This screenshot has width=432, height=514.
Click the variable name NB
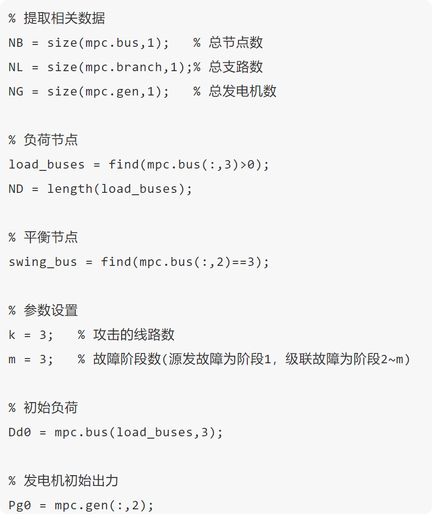pyautogui.click(x=16, y=43)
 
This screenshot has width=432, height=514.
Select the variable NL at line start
pyautogui.click(x=16, y=67)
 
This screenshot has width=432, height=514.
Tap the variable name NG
pyautogui.click(x=16, y=92)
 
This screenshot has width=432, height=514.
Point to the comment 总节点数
pyautogui.click(x=236, y=43)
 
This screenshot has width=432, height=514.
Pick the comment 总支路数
pyautogui.click(x=236, y=67)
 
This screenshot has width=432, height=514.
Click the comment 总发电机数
pyautogui.click(x=243, y=92)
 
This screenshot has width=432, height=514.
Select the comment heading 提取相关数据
pyautogui.click(x=64, y=19)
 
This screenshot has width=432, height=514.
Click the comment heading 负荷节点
pyautogui.click(x=50, y=140)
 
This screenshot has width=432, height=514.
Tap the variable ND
pyautogui.click(x=16, y=189)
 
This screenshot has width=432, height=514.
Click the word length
pyautogui.click(x=70, y=189)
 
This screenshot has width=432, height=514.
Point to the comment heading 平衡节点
pyautogui.click(x=50, y=237)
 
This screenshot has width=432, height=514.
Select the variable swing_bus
pyautogui.click(x=43, y=262)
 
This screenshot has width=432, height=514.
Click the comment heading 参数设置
pyautogui.click(x=50, y=310)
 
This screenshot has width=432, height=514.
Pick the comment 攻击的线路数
pyautogui.click(x=134, y=335)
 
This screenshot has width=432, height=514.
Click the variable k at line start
pyautogui.click(x=12, y=335)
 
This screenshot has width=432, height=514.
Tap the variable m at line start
pyautogui.click(x=12, y=360)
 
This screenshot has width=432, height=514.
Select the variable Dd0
pyautogui.click(x=20, y=432)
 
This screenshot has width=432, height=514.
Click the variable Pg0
pyautogui.click(x=20, y=506)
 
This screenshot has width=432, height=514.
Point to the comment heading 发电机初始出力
pyautogui.click(x=71, y=481)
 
